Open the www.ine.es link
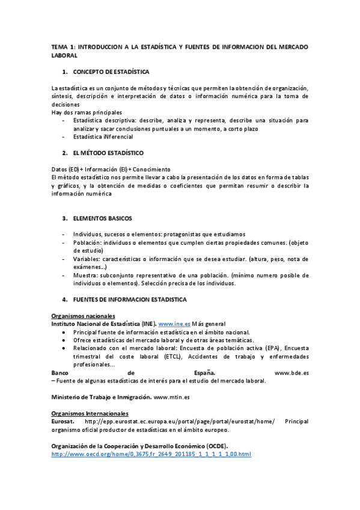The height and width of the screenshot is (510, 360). tap(174, 324)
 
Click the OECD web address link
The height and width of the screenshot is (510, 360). tap(151, 453)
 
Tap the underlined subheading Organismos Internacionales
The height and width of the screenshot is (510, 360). tap(90, 414)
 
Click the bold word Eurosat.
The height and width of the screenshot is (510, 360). tap(64, 422)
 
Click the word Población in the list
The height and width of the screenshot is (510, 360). tap(88, 242)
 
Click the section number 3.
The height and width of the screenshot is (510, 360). tap(64, 218)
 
